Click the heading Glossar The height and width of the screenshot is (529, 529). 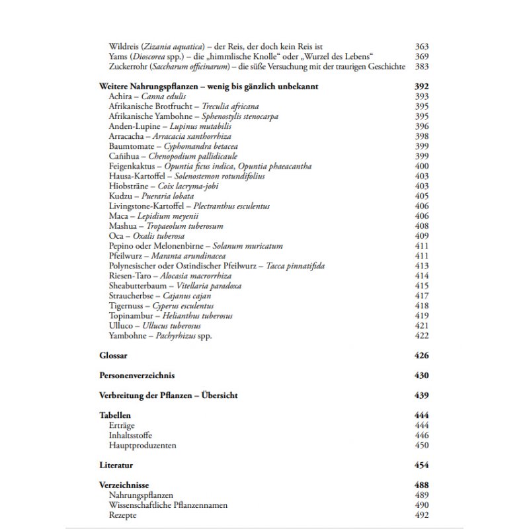point(113,356)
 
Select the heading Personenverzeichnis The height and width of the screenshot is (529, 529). point(137,376)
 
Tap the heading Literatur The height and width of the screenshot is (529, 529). point(116,466)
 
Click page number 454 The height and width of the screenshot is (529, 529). point(421,466)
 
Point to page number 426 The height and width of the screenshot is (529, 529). point(421,356)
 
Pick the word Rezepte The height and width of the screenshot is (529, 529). point(124,515)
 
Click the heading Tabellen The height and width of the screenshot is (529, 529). point(115,415)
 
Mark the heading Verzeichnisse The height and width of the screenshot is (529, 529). point(123,485)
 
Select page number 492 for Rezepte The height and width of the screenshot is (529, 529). point(422,515)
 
